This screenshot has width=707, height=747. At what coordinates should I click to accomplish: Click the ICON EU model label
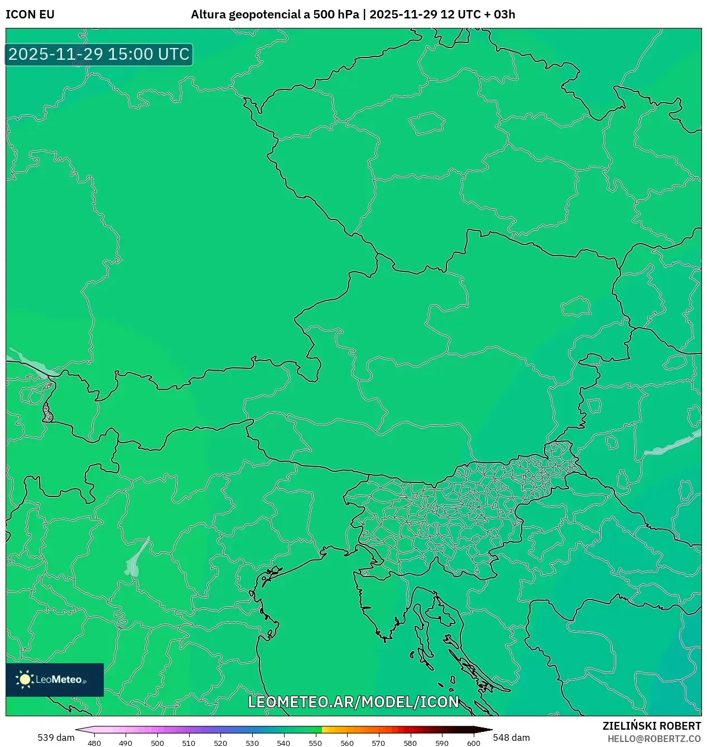[x=30, y=15]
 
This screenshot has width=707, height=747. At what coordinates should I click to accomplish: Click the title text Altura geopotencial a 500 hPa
[x=275, y=15]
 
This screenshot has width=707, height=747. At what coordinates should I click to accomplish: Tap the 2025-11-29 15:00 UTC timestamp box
[x=99, y=54]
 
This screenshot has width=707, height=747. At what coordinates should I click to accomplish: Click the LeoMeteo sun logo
[x=25, y=679]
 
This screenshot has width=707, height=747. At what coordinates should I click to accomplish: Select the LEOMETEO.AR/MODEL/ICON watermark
[x=353, y=702]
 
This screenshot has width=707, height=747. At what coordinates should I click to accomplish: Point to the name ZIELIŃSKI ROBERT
[x=651, y=726]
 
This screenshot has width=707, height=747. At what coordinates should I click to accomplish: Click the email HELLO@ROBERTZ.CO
[x=654, y=739]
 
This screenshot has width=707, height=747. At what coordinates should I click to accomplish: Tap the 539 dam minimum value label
[x=56, y=738]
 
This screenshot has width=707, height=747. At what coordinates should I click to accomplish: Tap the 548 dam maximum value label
[x=511, y=738]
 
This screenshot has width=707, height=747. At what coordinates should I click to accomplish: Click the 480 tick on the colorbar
[x=94, y=743]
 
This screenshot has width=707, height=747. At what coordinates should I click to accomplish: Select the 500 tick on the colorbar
[x=157, y=743]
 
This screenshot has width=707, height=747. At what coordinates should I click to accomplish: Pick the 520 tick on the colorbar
[x=220, y=743]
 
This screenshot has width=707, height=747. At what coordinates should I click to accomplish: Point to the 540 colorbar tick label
[x=283, y=743]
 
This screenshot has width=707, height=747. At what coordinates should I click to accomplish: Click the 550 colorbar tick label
[x=315, y=743]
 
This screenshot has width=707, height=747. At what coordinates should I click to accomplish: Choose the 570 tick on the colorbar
[x=378, y=743]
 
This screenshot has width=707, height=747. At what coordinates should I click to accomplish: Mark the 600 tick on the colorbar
[x=473, y=743]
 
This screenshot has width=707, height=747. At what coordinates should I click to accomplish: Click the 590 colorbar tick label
[x=442, y=743]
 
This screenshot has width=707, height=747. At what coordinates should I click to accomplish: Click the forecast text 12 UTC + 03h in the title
[x=477, y=15]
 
